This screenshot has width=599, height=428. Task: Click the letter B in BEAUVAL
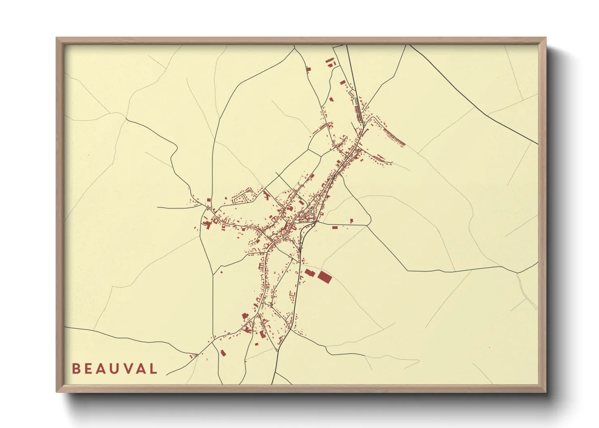click(76, 369)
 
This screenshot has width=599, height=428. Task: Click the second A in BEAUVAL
click(142, 369)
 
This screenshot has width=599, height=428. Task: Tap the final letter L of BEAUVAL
click(153, 369)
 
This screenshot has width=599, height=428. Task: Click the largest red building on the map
click(324, 277)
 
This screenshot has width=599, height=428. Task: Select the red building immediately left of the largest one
click(310, 273)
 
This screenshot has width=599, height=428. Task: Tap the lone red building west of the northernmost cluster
click(308, 69)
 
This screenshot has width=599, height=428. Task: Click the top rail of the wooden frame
click(299, 41)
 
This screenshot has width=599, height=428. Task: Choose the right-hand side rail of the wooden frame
click(542, 214)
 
